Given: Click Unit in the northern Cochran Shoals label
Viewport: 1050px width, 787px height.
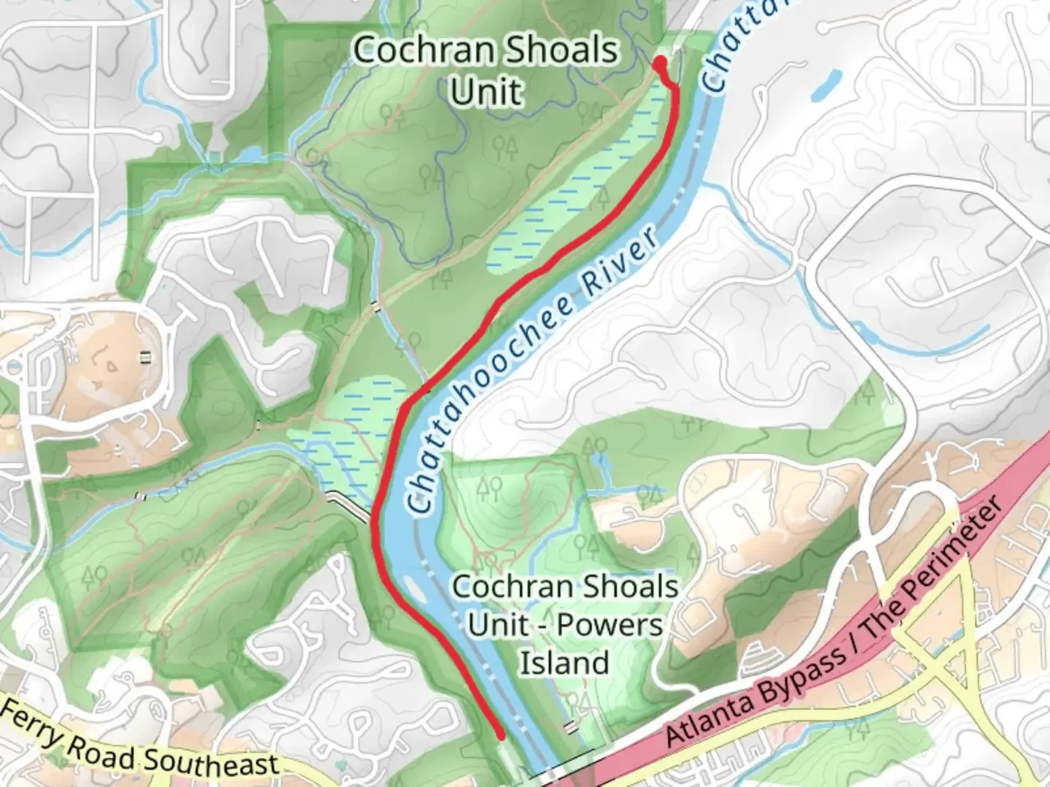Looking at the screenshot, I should click(486, 93).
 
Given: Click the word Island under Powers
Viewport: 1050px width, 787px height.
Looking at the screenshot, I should click(564, 663).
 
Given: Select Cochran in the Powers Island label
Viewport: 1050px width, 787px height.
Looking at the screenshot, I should click(503, 587).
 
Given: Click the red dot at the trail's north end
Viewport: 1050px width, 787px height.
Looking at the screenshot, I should click(660, 63).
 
